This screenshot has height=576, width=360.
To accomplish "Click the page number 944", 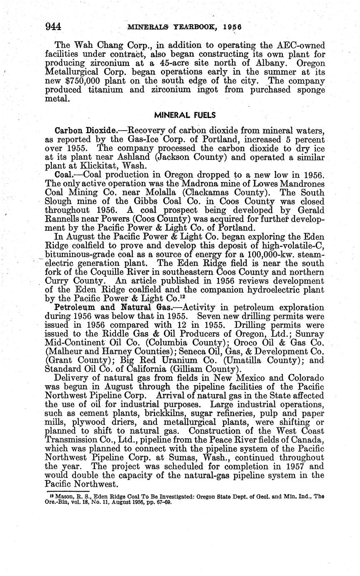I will point(53,26).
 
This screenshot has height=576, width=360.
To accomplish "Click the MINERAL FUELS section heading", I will point(180,114).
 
